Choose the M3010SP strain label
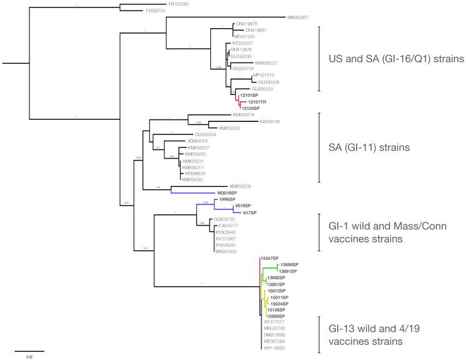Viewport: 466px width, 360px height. [229, 193]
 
